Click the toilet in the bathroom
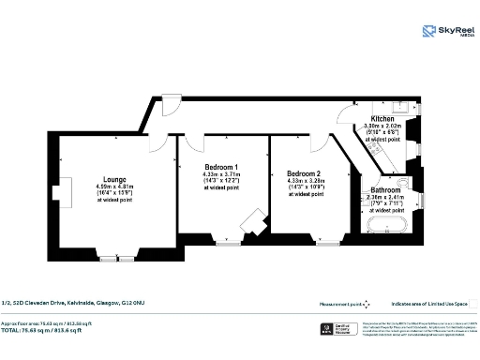(x=403, y=184)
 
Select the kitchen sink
(x=398, y=106)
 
